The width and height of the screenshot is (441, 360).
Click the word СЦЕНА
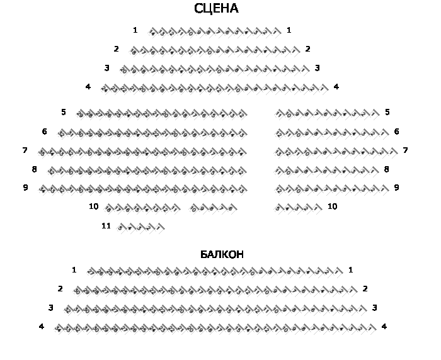point(216,9)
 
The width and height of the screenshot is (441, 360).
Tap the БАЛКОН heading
point(222,254)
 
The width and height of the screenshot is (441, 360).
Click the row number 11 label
point(106,225)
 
